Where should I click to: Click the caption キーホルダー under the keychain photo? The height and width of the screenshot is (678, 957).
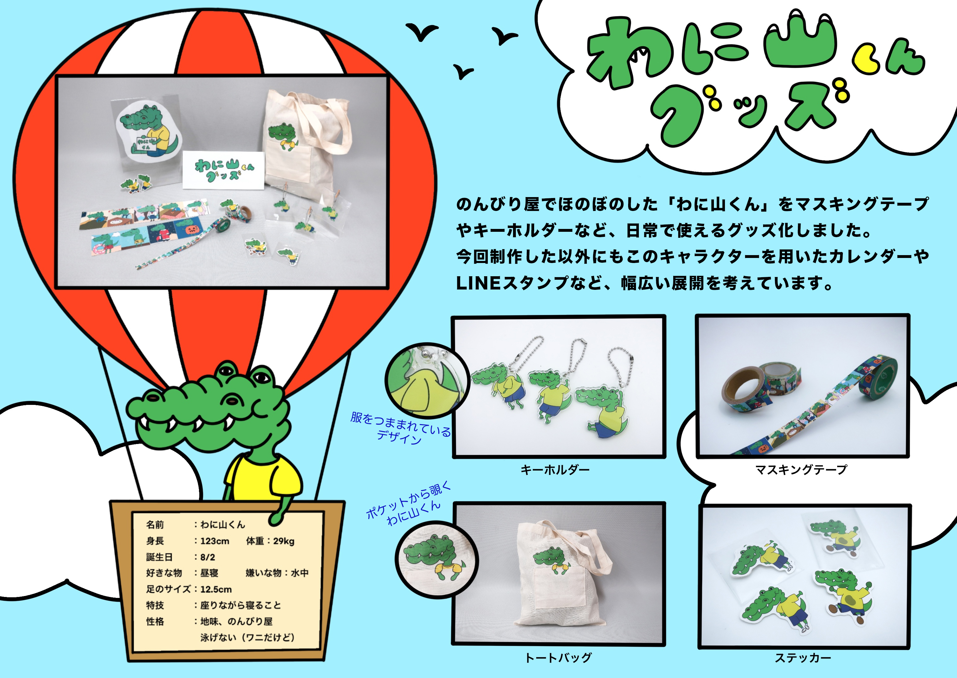(x=555, y=470)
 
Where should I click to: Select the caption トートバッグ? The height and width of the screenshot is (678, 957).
(x=558, y=658)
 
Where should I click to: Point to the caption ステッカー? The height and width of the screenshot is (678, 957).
(x=803, y=658)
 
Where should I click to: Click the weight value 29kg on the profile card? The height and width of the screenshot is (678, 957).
(x=284, y=541)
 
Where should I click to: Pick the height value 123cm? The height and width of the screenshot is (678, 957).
(x=214, y=541)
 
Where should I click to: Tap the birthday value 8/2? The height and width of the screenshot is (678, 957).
(x=207, y=557)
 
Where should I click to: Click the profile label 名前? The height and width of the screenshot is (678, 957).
(x=155, y=525)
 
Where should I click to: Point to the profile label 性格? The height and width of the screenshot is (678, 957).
(x=155, y=622)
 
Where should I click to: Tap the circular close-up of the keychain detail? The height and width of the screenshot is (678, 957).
(x=427, y=380)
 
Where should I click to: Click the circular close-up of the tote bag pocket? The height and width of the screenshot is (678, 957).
(x=436, y=560)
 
